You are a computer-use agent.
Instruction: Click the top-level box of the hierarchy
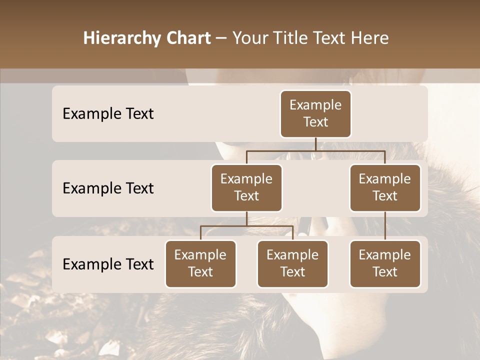click(315, 113)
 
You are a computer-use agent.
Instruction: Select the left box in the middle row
click(246, 187)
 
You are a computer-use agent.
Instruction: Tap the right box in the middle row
click(385, 187)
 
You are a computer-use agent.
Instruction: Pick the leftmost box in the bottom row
click(200, 263)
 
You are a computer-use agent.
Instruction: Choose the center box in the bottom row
click(292, 263)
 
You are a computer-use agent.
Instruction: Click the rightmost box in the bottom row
click(385, 263)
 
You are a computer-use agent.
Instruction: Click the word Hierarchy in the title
click(122, 38)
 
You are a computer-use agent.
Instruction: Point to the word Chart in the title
click(188, 38)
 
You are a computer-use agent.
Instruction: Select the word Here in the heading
click(370, 38)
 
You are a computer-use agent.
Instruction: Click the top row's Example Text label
click(108, 113)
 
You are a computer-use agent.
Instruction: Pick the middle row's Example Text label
click(108, 188)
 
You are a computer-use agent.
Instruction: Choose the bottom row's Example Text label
click(108, 264)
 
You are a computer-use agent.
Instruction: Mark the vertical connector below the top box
click(315, 144)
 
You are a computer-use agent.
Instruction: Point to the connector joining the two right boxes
click(385, 225)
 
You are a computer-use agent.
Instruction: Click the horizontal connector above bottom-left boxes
click(246, 226)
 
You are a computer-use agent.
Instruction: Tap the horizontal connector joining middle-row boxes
click(315, 150)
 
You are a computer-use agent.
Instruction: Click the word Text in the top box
click(315, 122)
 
